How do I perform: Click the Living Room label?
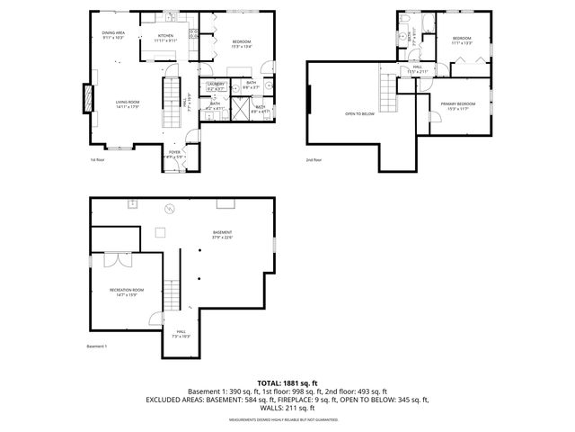pos(127,104)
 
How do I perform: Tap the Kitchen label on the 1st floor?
pos(165,39)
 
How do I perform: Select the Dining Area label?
pos(113,35)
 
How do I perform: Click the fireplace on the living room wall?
pos(88,98)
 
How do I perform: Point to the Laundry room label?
pos(216,86)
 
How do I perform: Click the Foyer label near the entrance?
pos(174,154)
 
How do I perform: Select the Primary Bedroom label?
pos(458,106)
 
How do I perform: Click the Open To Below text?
pos(359,114)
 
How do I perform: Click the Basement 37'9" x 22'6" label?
pos(222,236)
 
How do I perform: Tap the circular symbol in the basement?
pos(167,211)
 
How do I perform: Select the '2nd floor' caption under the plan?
pos(314,159)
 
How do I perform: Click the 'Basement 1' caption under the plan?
pos(97,346)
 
